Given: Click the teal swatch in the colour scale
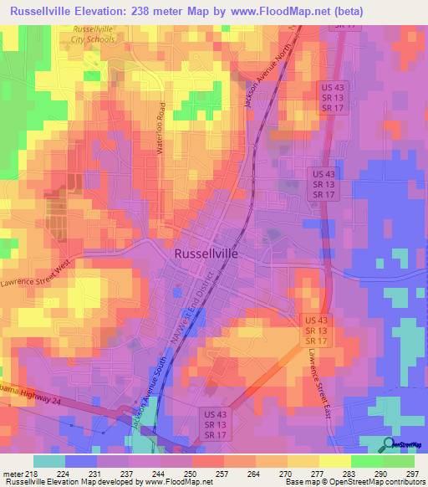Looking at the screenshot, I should [x=49, y=461].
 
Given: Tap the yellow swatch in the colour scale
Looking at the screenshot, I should [x=334, y=461].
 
